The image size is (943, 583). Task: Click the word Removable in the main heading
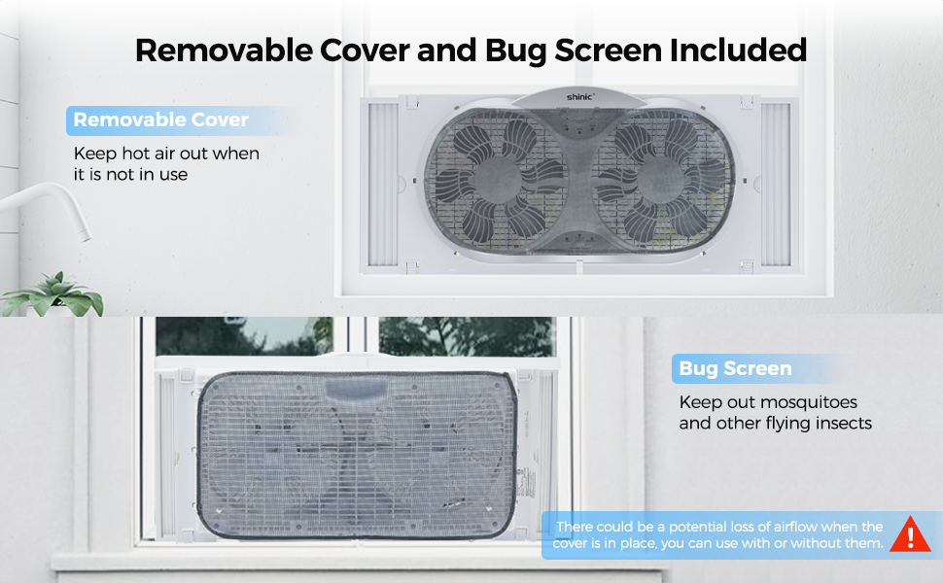(224, 50)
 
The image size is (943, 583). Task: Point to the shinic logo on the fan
(579, 97)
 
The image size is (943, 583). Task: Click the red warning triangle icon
(910, 534)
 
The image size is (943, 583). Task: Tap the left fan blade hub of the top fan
(497, 179)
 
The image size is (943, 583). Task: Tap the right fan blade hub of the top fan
(660, 179)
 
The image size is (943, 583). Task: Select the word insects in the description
(844, 423)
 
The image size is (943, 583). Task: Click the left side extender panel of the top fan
(382, 185)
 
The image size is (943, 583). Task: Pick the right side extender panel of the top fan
(776, 185)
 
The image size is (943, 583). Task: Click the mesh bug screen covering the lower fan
(357, 455)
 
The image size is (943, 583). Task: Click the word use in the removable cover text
(173, 175)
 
